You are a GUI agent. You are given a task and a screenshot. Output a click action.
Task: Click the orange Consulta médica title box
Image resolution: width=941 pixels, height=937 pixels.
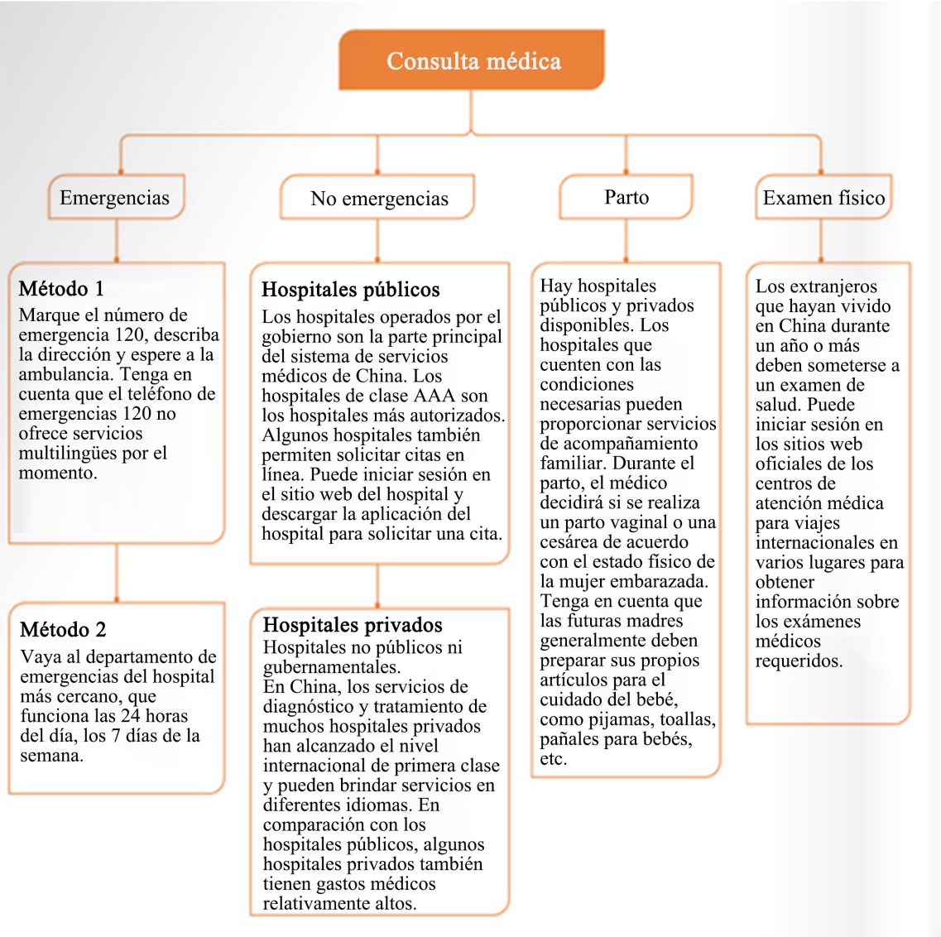point(472,60)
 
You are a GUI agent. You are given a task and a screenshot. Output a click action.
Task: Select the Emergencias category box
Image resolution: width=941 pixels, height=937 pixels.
point(115,198)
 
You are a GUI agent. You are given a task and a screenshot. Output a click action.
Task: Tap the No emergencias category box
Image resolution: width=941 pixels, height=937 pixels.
point(379,199)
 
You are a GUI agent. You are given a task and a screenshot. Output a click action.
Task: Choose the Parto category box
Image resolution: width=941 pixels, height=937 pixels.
point(627,197)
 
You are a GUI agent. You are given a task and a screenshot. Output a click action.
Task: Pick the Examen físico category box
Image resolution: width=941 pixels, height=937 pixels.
point(823,198)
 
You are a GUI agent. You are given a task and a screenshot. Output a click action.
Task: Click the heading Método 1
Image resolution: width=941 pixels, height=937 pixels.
point(61,289)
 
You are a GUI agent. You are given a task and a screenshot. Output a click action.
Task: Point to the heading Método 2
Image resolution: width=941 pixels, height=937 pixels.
point(63,630)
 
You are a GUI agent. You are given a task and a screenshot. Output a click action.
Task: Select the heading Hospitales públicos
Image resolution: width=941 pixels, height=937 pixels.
point(351,290)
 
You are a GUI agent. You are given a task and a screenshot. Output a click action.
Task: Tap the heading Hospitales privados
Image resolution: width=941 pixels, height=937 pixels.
point(353,625)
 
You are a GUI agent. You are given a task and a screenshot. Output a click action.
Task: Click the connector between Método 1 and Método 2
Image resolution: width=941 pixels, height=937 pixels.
point(117,573)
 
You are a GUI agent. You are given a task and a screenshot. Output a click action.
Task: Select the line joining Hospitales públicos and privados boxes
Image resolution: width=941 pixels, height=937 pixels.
point(377,587)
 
